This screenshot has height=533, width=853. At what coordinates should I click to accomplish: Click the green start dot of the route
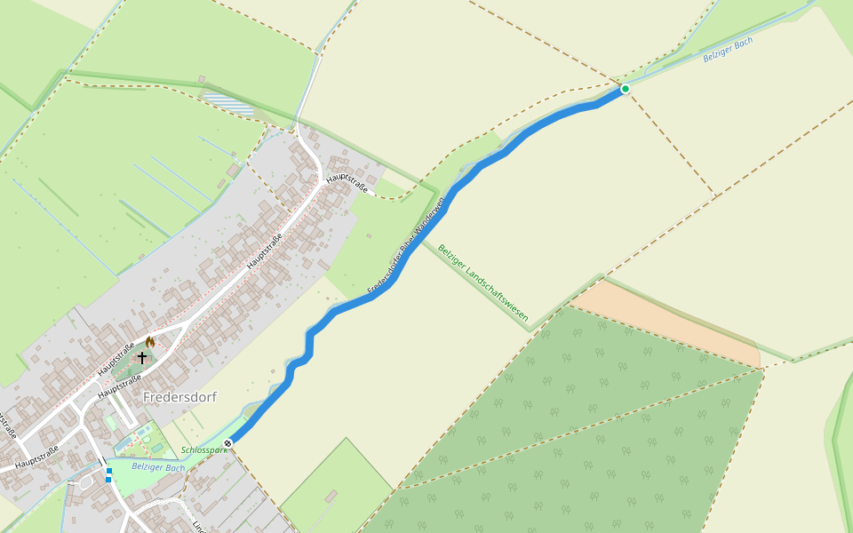tap(626, 89)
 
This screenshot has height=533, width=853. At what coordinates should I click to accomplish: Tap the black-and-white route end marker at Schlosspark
tap(228, 442)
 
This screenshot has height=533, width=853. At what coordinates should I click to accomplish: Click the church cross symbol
tap(142, 357)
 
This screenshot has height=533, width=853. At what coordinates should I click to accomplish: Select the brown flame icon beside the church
tap(150, 341)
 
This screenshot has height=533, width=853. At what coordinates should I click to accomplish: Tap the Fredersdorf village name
tap(179, 397)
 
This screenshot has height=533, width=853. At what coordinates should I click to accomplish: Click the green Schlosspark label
tap(204, 450)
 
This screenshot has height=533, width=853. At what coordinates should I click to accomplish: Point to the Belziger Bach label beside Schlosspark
tap(158, 467)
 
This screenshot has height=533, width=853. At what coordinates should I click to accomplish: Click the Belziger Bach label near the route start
tap(728, 49)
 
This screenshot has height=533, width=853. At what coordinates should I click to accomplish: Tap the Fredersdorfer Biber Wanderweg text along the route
tap(404, 246)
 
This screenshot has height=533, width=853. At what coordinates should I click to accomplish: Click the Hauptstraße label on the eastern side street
tap(347, 184)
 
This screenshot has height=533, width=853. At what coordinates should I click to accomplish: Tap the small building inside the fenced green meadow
tap(331, 495)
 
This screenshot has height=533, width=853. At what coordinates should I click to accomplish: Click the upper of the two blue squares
tap(108, 471)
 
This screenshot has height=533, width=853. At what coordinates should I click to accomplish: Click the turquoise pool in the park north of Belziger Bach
tap(143, 434)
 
